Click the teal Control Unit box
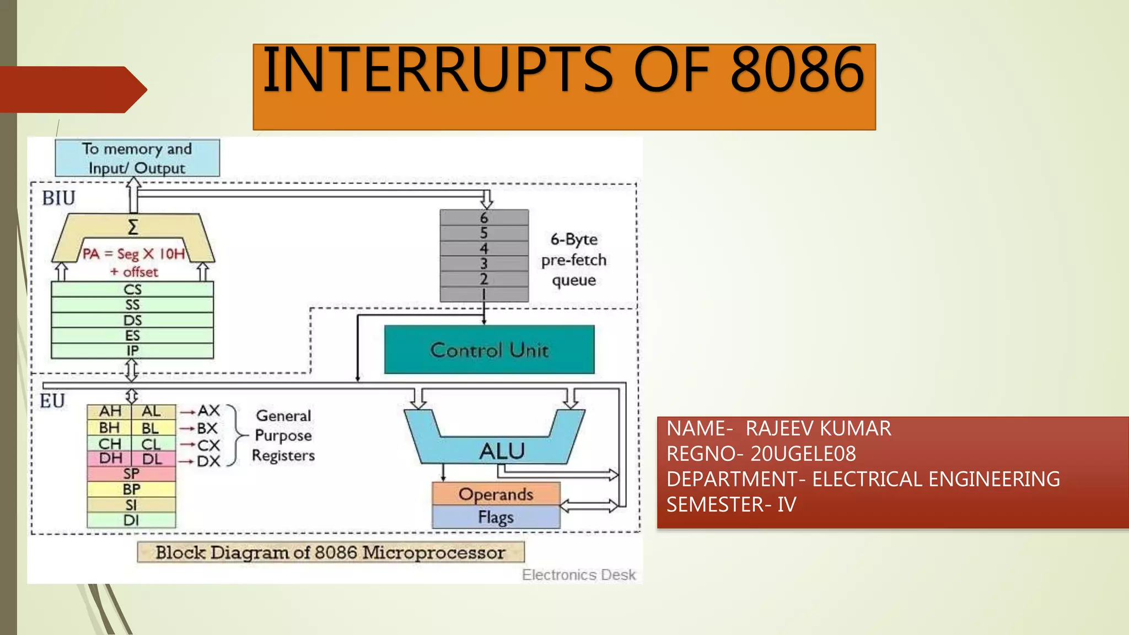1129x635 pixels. point(489,349)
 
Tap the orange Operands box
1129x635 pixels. point(496,494)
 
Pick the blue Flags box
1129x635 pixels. point(496,517)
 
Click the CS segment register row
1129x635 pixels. point(132,289)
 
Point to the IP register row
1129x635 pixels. point(132,351)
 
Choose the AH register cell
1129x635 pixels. point(110,411)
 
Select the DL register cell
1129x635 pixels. point(153,459)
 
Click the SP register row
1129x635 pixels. point(131,473)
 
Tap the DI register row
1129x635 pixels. point(131,520)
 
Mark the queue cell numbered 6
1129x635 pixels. point(484,218)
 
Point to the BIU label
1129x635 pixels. point(58,198)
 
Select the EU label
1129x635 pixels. point(52,401)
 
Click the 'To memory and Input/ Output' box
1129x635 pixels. point(137,158)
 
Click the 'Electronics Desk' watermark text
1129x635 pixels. point(579,575)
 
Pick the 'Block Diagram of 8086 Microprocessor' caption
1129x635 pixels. point(330,552)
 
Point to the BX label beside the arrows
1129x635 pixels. point(207,428)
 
